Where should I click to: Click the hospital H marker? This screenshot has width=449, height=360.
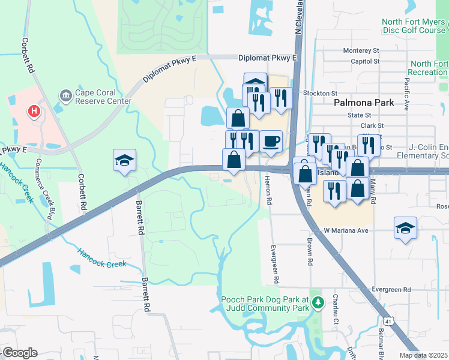click(35, 112)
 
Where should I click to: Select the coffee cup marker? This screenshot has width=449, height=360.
click(271, 142)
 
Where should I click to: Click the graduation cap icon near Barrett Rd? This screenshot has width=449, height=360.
click(125, 160)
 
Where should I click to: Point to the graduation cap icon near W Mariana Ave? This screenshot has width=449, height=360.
click(406, 228)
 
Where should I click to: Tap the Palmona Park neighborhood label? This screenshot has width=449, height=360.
click(364, 103)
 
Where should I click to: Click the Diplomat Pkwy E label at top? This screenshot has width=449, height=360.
click(268, 58)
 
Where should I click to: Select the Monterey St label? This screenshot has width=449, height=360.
click(361, 51)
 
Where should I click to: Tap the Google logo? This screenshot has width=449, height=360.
click(19, 353)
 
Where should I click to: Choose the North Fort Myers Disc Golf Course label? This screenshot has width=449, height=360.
click(414, 26)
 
